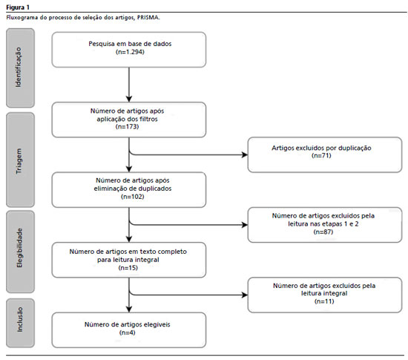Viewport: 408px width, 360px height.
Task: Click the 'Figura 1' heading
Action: [x=18, y=7]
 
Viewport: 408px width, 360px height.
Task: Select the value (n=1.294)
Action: [x=130, y=52]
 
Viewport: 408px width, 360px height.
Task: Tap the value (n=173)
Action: [x=128, y=127]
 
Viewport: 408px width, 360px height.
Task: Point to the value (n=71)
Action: [x=321, y=156]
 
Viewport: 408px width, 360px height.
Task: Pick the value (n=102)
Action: [x=133, y=197]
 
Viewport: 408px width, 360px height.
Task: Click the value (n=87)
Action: [x=323, y=232]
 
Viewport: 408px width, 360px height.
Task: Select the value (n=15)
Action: [x=128, y=268]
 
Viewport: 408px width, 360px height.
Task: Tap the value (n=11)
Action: [x=324, y=301]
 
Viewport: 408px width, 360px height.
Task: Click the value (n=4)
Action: [x=128, y=333]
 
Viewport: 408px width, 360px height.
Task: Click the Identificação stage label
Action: [x=19, y=68]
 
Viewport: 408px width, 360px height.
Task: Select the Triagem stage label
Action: [x=19, y=161]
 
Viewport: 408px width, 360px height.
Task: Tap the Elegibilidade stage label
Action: [x=19, y=248]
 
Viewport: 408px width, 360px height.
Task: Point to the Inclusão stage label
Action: [x=20, y=320]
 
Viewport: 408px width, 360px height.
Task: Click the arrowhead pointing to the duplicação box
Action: [x=245, y=155]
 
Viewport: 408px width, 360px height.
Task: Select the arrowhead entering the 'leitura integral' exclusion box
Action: [x=245, y=295]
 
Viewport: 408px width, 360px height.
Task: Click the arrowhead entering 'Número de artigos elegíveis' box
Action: [x=129, y=310]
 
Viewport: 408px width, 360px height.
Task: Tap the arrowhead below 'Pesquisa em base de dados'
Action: [x=129, y=99]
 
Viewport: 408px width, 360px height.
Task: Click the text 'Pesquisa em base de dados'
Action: [x=130, y=44]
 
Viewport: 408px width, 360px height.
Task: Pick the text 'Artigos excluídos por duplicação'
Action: [x=321, y=148]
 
